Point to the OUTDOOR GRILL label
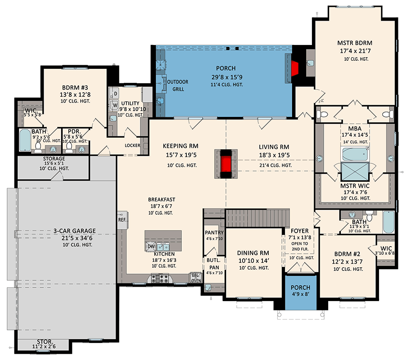(177, 85)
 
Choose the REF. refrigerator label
(122, 220)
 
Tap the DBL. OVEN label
(195, 278)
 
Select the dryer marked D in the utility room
(115, 93)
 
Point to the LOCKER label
(132, 145)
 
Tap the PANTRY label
(214, 233)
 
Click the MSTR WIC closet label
(355, 185)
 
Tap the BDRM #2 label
(348, 253)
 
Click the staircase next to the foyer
(257, 219)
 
